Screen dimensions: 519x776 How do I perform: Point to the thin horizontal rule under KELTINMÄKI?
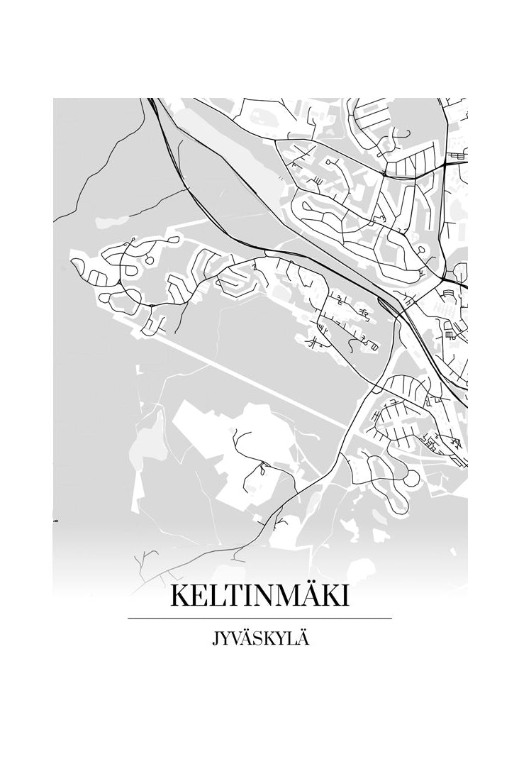259,619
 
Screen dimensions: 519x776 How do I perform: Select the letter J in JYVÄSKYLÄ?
216,639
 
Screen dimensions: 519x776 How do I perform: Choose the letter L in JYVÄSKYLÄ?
293,639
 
